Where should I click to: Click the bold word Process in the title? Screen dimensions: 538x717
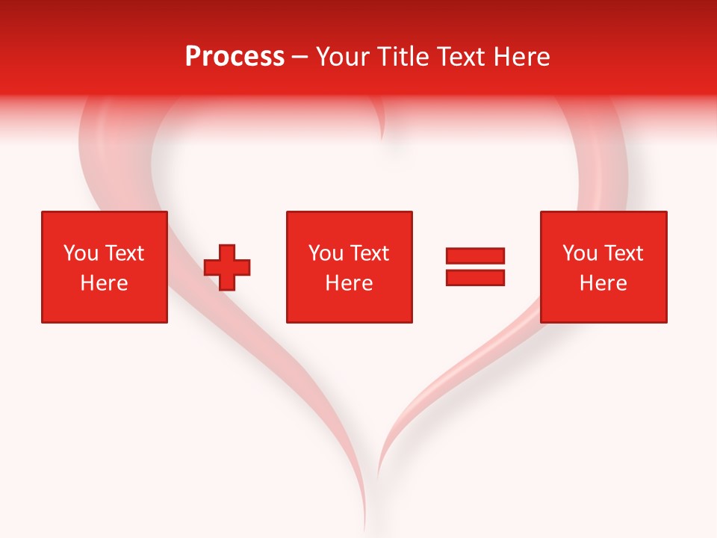click(x=235, y=57)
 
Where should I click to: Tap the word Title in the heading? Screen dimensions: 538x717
click(x=404, y=57)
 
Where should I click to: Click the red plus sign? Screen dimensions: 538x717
click(x=227, y=267)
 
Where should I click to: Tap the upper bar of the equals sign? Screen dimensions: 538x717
click(x=475, y=256)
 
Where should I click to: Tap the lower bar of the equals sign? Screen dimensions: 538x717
click(x=475, y=277)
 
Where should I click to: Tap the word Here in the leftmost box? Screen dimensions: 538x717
click(x=105, y=283)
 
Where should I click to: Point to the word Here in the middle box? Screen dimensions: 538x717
click(x=350, y=283)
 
